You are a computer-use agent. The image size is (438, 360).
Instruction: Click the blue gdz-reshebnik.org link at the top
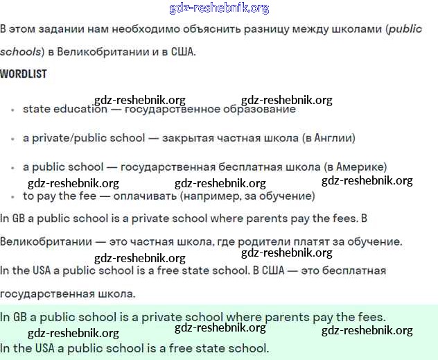(x=219, y=8)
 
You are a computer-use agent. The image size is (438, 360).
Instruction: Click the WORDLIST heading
(x=24, y=74)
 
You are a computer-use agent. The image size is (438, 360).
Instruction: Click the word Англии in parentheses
(x=330, y=138)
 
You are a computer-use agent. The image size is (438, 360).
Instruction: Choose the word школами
(x=356, y=29)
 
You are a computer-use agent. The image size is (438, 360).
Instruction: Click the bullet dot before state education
(x=12, y=110)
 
